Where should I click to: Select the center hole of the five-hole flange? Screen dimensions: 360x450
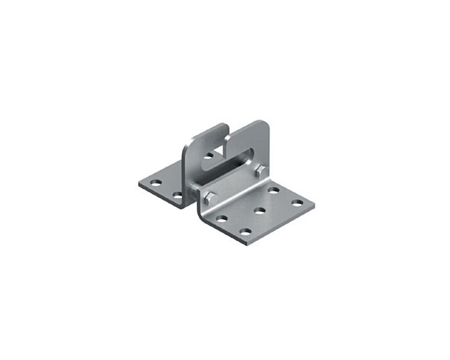coord(260,210)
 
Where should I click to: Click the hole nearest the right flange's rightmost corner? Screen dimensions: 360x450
coord(297,203)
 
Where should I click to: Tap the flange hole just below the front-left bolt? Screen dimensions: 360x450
coord(221,219)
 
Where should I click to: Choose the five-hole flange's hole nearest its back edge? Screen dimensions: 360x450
coord(273,191)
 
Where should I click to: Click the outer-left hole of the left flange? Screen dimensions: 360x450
coord(154,183)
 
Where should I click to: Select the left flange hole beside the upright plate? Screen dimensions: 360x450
coord(177,194)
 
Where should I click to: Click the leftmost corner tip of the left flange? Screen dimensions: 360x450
coord(138,184)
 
